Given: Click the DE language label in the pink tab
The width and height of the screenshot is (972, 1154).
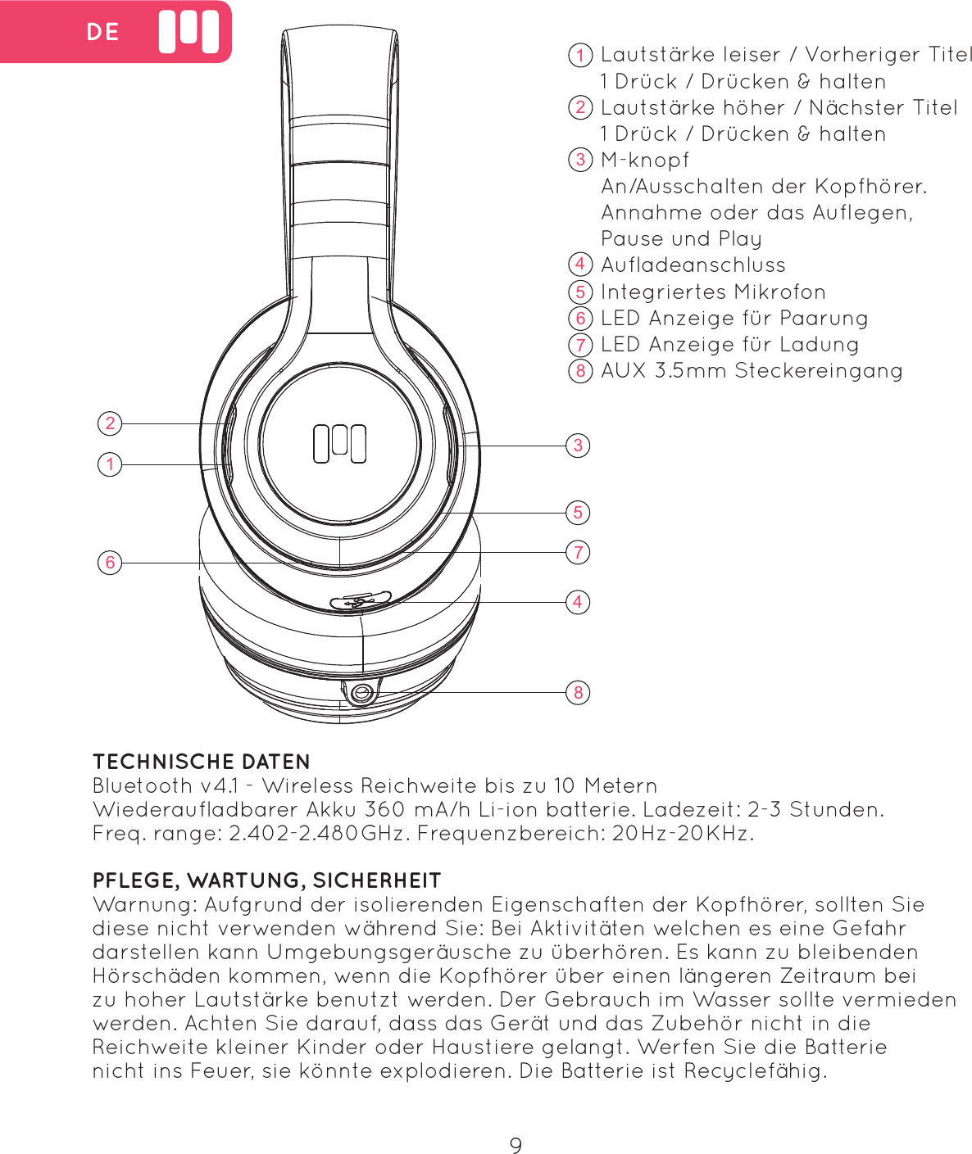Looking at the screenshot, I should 102,32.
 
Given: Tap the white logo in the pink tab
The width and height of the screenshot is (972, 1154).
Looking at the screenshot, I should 188,32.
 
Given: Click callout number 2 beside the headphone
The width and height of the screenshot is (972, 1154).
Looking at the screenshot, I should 110,423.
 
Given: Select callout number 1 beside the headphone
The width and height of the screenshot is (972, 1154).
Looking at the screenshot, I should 110,464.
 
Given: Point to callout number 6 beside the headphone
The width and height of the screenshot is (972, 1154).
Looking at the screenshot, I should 110,563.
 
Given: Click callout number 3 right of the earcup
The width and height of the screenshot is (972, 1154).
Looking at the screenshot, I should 578,446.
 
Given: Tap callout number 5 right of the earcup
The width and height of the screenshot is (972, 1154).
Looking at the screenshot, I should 578,513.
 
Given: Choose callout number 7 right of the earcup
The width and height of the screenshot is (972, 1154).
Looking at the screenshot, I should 578,552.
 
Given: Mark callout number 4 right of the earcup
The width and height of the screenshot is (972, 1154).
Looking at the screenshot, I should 578,602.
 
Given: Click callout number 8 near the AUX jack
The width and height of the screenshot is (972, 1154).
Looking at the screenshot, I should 578,692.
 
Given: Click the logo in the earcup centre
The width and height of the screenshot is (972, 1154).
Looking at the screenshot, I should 339,444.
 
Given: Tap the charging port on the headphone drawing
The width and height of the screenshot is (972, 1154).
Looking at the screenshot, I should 361,602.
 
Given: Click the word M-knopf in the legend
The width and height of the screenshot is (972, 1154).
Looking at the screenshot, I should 645,161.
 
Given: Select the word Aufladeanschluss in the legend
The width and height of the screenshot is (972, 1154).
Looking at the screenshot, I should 693,265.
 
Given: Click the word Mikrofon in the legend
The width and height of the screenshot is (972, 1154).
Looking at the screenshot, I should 779,292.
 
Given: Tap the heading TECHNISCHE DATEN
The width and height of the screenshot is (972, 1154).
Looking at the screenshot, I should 202,762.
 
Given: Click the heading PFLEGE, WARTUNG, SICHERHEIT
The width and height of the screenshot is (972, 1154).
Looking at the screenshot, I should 267,880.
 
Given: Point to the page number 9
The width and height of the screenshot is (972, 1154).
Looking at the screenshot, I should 516,1145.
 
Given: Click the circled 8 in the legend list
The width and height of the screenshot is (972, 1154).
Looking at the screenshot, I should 580,371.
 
